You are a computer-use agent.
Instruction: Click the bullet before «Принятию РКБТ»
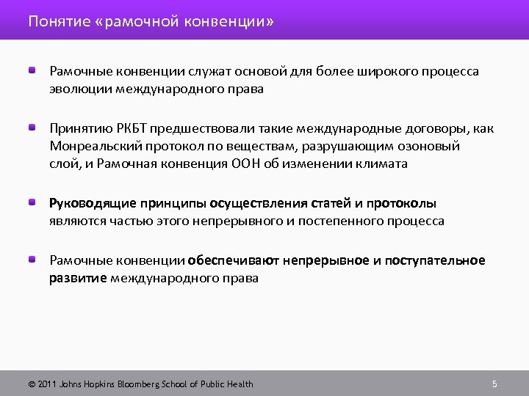click(34, 128)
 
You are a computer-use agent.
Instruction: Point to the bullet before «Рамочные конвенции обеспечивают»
click(34, 260)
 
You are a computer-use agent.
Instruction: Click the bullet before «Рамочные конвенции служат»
click(34, 70)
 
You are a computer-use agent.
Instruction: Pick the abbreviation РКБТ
click(120, 128)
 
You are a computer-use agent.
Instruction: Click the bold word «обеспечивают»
click(234, 260)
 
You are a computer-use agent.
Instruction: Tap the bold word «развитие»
click(78, 279)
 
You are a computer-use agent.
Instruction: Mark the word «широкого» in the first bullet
click(390, 71)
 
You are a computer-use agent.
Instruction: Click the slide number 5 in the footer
click(494, 384)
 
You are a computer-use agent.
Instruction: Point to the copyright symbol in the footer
click(32, 384)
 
